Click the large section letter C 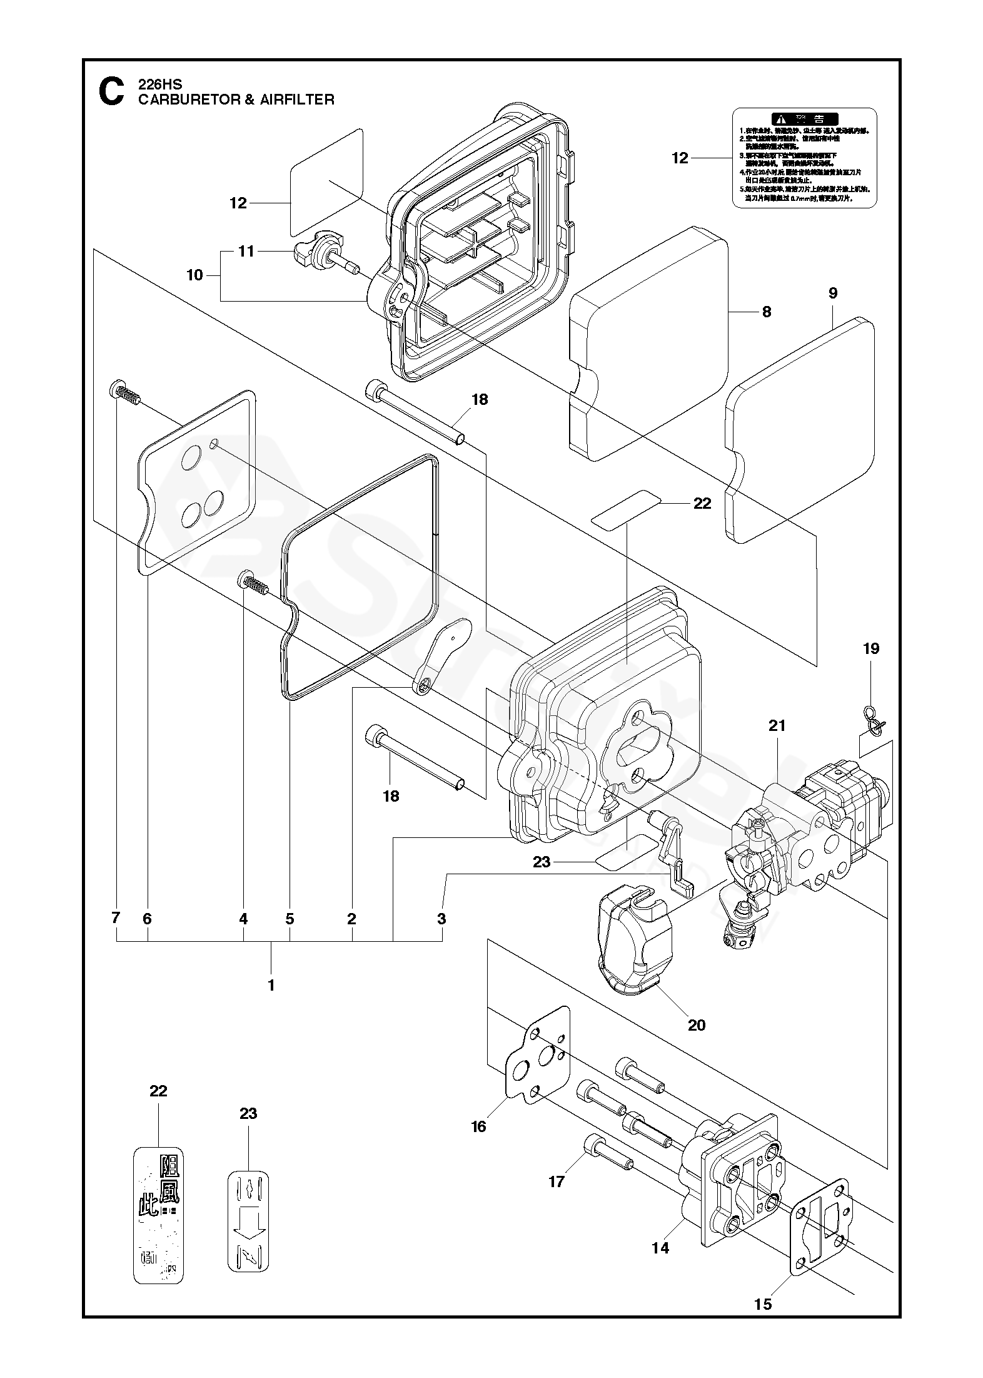pyautogui.click(x=111, y=91)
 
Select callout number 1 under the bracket pyautogui.click(x=271, y=985)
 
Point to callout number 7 pyautogui.click(x=115, y=919)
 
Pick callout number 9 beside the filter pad pyautogui.click(x=832, y=293)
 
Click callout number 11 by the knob pyautogui.click(x=247, y=251)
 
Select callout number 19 pyautogui.click(x=870, y=648)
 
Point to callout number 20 pyautogui.click(x=696, y=1024)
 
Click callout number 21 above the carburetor pyautogui.click(x=777, y=726)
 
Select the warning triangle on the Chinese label pyautogui.click(x=779, y=118)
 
